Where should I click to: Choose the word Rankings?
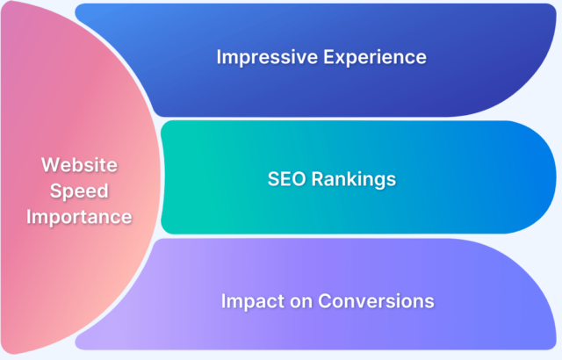coord(352,179)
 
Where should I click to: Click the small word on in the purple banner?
coord(297,300)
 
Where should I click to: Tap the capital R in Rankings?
coord(318,179)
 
